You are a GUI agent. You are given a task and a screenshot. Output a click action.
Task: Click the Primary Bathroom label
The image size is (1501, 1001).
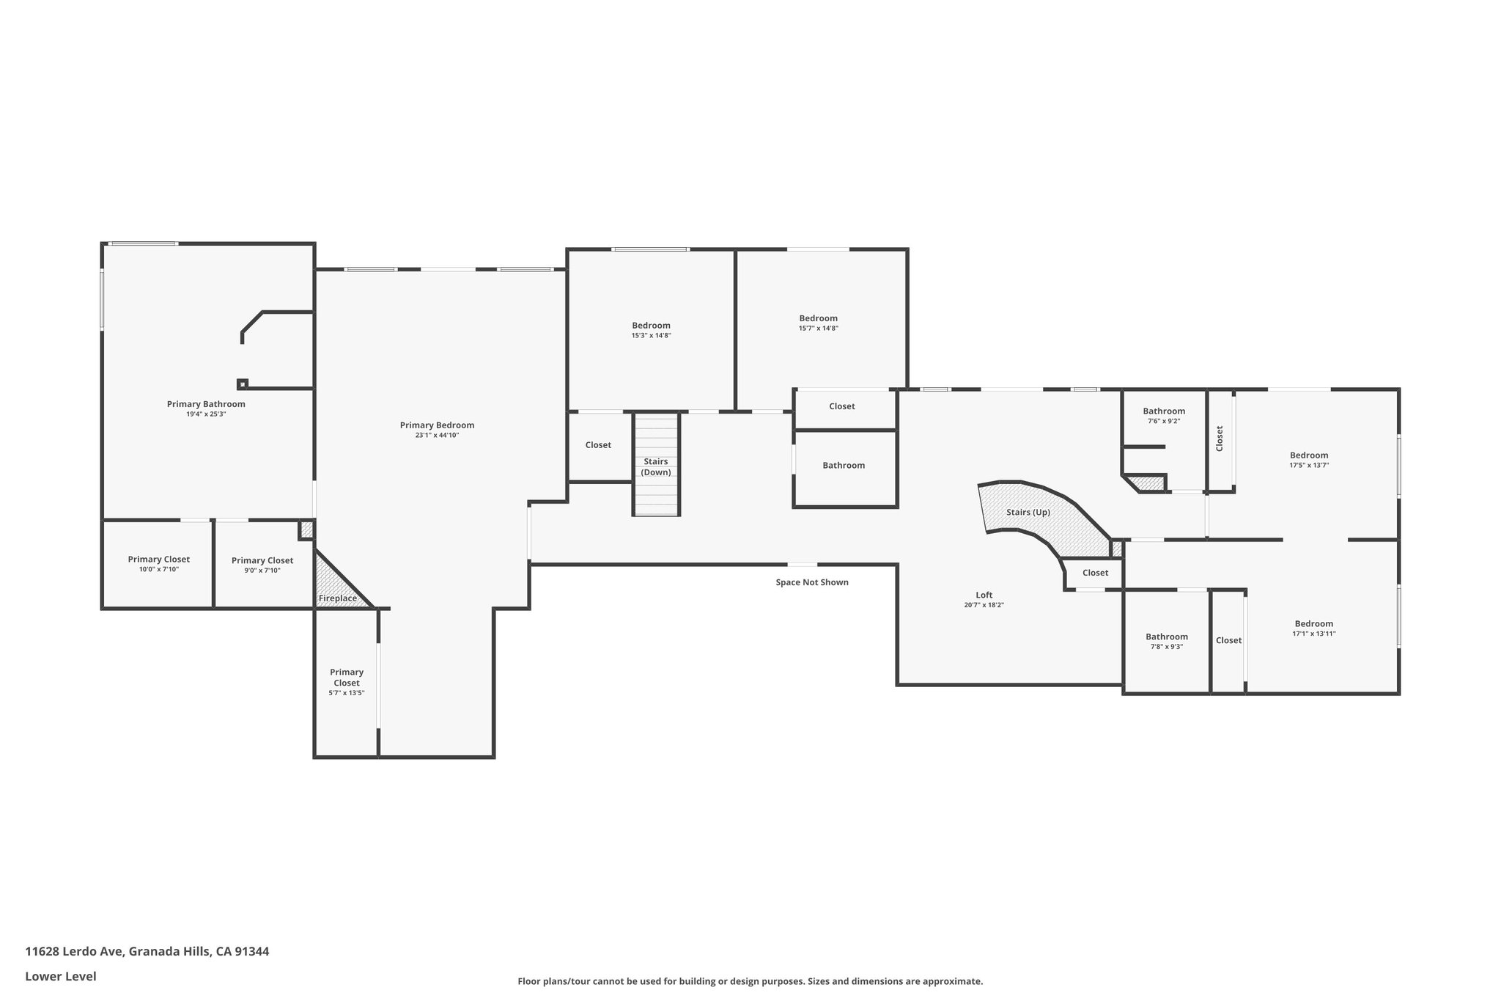click(x=206, y=404)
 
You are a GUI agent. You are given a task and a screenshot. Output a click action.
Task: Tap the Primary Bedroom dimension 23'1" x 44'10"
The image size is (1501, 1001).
click(x=437, y=436)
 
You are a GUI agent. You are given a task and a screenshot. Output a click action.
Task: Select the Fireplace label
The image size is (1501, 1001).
click(x=338, y=598)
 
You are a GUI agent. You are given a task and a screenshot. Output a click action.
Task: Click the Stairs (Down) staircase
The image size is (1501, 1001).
click(x=657, y=464)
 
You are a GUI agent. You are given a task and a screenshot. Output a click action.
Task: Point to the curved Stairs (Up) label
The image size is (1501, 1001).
click(x=1028, y=512)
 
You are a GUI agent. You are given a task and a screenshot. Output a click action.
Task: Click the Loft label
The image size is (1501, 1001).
click(x=984, y=595)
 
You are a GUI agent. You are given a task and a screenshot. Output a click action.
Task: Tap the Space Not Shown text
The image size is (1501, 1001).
click(x=812, y=582)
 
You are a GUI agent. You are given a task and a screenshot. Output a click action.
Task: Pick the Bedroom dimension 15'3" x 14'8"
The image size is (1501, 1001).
click(x=652, y=336)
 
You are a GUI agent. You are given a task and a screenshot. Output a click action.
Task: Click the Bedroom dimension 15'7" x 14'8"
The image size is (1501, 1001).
click(x=819, y=329)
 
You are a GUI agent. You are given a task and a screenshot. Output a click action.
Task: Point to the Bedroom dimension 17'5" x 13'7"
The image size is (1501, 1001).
click(x=1309, y=466)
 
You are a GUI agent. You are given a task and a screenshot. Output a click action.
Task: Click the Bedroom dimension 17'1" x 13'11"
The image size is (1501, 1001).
click(x=1314, y=634)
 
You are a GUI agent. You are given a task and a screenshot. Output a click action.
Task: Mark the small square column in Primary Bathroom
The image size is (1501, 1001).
click(x=243, y=384)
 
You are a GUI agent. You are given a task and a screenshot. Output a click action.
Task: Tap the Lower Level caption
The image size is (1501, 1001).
click(x=61, y=977)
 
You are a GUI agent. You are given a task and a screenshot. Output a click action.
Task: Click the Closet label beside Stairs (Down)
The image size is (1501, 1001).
click(x=598, y=445)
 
